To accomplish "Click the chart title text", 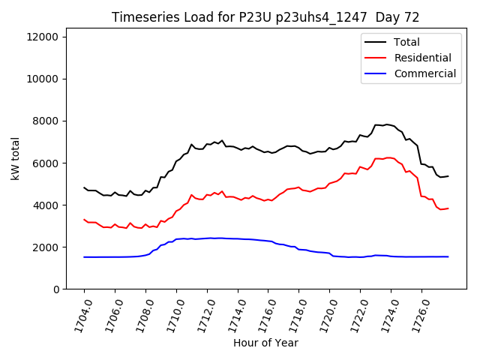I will coord(265,16).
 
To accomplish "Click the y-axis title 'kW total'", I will coord(16,158).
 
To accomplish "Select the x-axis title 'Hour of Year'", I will coord(265,343).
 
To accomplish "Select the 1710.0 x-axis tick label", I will coord(171,315).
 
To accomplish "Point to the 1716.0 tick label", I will coord(262,315).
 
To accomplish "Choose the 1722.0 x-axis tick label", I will coord(355,315).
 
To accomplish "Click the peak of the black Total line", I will coord(386,124).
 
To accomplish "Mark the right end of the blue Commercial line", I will coord(448,256).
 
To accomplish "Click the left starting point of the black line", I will coord(84,187).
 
